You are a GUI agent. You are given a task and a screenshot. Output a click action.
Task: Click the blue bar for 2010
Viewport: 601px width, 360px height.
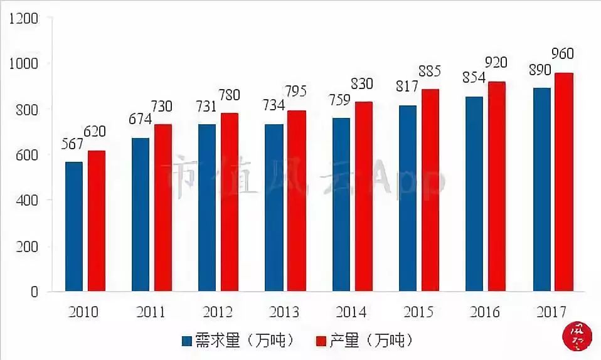point(74,226)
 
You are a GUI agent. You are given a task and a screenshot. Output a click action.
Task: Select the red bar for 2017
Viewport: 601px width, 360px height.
point(564,182)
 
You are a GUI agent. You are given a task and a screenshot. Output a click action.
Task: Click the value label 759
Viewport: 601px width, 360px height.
point(339,99)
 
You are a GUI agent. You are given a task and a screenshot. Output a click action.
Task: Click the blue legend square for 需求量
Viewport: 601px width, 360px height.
point(187,341)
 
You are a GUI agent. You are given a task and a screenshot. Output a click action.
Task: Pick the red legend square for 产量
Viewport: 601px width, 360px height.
point(321,341)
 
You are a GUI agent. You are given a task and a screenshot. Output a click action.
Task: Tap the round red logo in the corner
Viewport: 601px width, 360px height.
point(575,336)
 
